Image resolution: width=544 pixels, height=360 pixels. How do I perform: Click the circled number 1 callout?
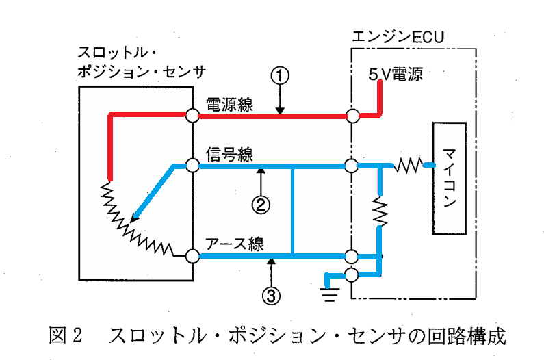280,76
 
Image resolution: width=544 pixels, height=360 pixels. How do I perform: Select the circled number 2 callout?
261,205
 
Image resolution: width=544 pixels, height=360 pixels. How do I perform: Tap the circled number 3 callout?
271,296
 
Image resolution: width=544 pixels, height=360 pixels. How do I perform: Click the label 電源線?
229,105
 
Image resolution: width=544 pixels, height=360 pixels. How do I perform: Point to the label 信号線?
229,154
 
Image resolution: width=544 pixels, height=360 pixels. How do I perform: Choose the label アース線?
235,244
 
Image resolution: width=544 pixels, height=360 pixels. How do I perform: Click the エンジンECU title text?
398,37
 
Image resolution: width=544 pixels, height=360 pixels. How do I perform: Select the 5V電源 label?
396,74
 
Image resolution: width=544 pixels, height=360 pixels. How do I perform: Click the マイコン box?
449,179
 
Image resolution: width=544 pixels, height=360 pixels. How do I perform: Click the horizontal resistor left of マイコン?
409,166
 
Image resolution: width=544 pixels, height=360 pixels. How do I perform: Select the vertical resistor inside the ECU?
380,211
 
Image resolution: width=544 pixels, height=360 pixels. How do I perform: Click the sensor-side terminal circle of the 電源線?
192,115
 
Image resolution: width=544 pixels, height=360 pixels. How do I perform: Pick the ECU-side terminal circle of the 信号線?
352,165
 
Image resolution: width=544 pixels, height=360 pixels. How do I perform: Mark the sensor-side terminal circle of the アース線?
192,257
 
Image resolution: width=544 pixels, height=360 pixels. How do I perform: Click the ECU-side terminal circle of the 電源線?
353,116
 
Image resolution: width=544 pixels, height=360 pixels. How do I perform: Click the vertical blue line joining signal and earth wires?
293,211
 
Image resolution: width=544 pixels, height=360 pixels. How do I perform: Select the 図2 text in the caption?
66,335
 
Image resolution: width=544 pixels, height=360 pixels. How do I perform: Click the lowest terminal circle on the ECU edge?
352,275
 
